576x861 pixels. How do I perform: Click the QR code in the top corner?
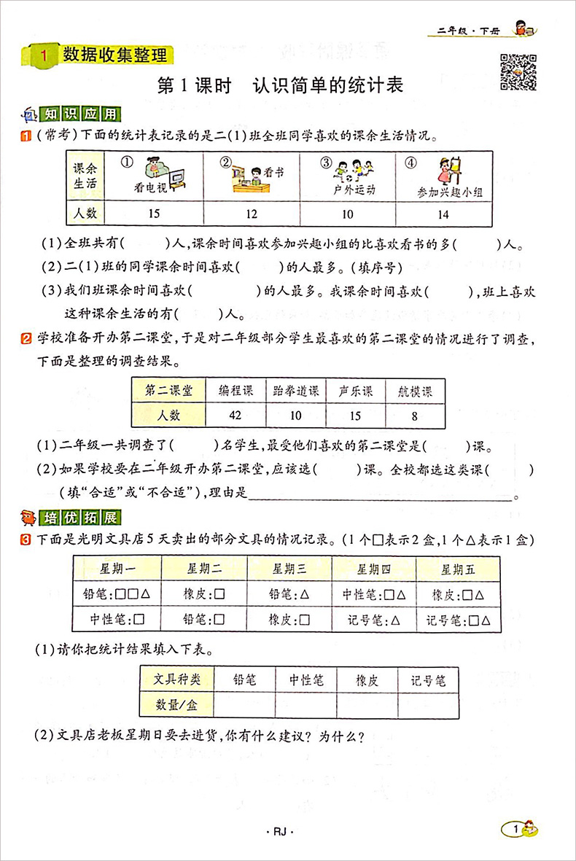click(518, 71)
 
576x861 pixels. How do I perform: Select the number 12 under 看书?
click(252, 214)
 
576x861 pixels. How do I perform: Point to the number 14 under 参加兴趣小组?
click(444, 214)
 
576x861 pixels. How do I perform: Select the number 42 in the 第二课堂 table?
click(236, 416)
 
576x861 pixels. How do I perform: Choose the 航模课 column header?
click(415, 391)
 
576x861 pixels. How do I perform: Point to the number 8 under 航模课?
click(415, 416)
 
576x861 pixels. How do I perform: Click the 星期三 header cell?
click(289, 568)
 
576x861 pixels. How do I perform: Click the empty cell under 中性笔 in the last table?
click(306, 704)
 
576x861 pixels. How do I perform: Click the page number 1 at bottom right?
click(516, 830)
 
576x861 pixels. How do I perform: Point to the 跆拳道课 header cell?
click(295, 391)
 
